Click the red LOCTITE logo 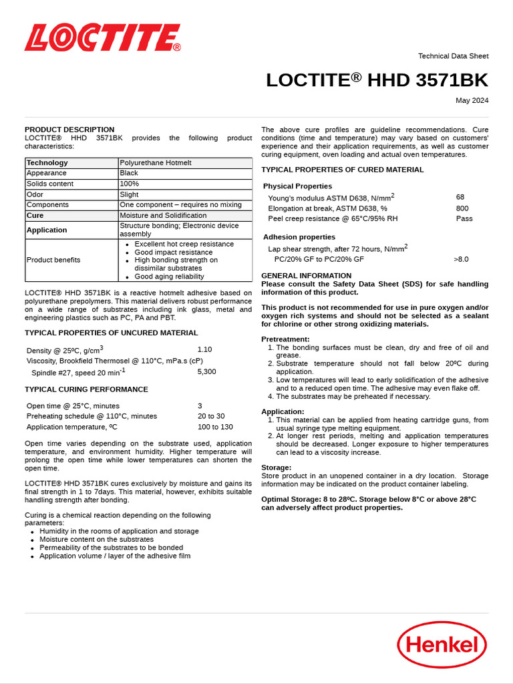click(102, 38)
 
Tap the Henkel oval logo click(442, 644)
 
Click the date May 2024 click(472, 101)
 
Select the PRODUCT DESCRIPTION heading click(69, 130)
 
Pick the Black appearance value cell click(129, 173)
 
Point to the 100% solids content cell click(129, 184)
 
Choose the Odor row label click(35, 194)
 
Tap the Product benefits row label click(53, 260)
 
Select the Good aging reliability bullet click(169, 277)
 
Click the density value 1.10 click(204, 349)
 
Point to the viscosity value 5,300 click(206, 371)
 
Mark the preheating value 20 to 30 click(211, 416)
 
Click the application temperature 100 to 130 click(215, 427)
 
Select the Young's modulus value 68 click(460, 197)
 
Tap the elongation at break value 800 click(462, 208)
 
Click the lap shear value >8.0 click(461, 259)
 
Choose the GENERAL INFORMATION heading click(306, 275)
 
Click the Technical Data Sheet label click(453, 56)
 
